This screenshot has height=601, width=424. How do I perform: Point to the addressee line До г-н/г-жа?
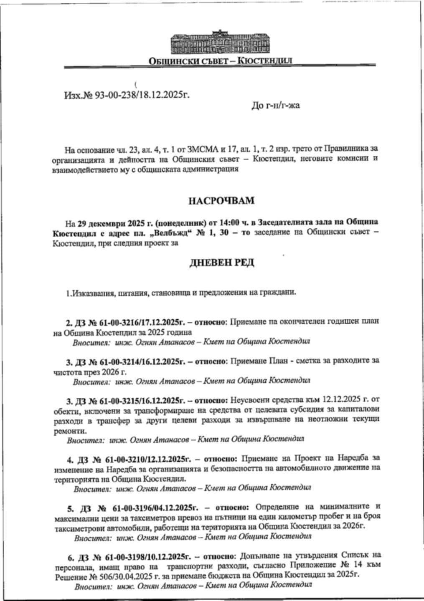coord(275,106)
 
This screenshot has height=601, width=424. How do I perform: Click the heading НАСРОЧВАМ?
coord(221,201)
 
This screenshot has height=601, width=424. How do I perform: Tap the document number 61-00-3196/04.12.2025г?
coord(155,508)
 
